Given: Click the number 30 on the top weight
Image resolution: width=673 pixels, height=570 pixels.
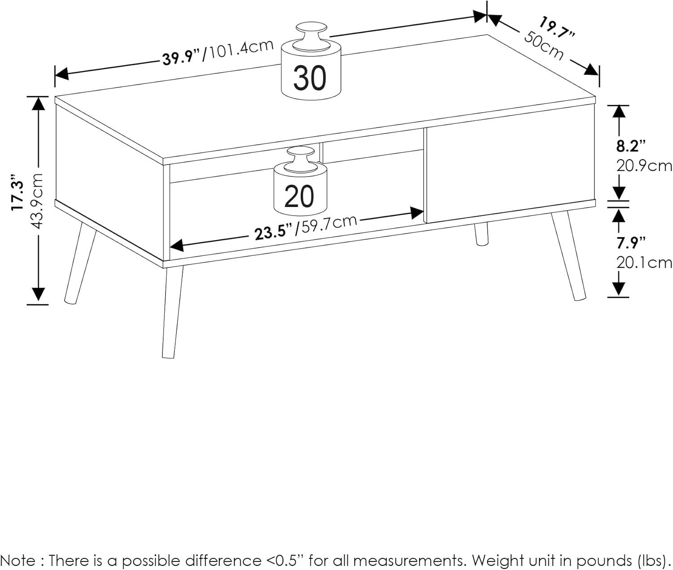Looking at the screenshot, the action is pos(310,78).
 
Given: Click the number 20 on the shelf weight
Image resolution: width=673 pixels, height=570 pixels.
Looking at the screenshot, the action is pos(299,196).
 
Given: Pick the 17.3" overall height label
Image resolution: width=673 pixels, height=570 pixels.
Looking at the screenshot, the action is pos(17,193).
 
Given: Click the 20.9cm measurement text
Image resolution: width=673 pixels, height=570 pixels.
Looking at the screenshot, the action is pos(644,166).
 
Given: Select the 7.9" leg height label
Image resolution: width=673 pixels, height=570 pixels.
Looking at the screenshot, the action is pos(630,243).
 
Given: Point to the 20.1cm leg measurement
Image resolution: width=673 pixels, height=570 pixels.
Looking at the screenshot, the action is pos(644,263).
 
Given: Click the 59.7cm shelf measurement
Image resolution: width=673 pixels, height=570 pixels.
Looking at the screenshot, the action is pos(326,225).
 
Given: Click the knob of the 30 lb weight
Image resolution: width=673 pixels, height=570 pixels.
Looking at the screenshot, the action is pos(311,36).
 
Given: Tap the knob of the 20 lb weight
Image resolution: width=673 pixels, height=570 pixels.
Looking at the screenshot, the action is pos(301,160).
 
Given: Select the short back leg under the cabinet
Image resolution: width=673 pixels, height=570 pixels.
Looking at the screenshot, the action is pos(482,234).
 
